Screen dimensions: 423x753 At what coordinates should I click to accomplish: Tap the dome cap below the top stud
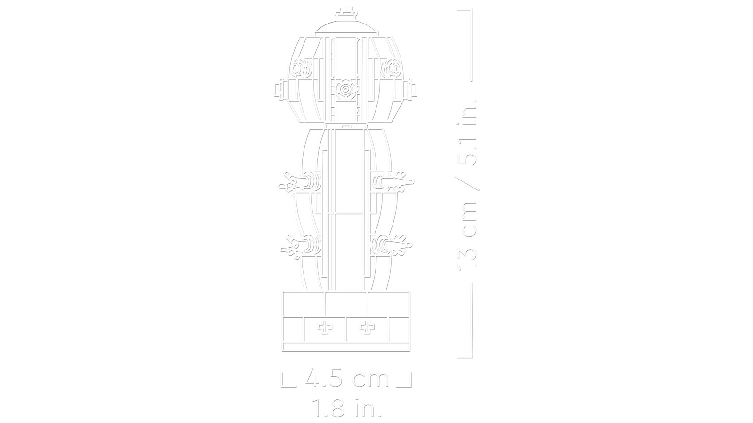click(x=346, y=24)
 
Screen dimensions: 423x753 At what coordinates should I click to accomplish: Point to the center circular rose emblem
click(x=345, y=89)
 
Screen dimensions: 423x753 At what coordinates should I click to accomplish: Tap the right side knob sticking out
click(x=411, y=89)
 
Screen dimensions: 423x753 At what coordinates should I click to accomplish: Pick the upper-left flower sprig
click(x=291, y=183)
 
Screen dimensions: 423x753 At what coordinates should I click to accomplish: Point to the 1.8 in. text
click(x=347, y=407)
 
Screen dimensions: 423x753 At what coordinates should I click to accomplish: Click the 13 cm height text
click(x=468, y=240)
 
